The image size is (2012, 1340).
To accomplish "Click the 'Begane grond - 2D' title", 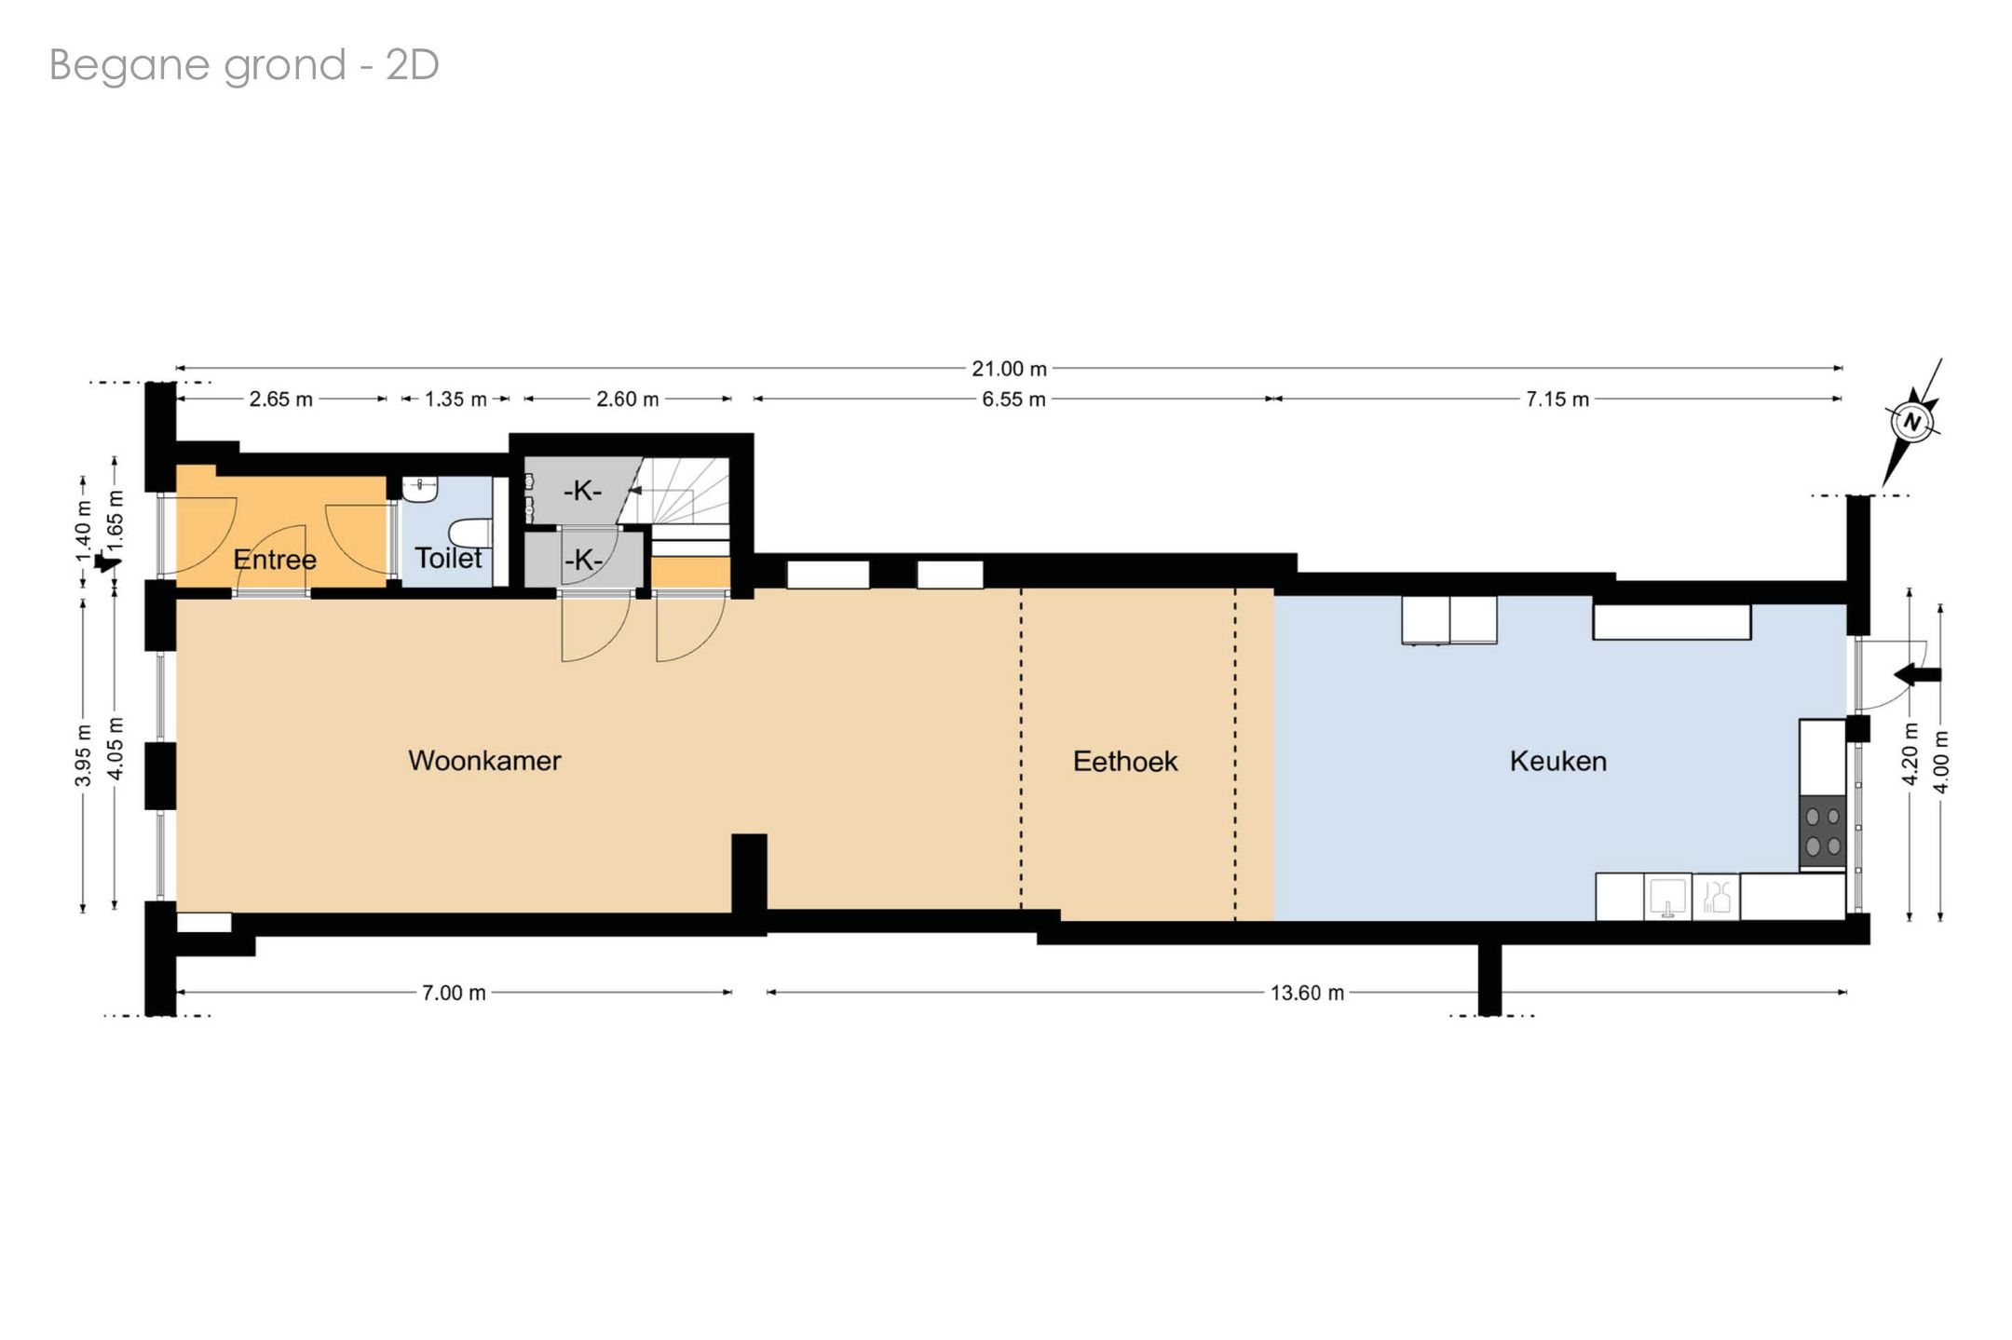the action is (x=244, y=65).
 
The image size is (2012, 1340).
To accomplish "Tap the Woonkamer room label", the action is (x=484, y=761).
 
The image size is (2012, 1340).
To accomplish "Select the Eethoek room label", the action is (x=1125, y=762).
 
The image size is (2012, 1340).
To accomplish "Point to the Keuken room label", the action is (x=1558, y=762).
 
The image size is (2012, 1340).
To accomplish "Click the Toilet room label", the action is (x=448, y=558).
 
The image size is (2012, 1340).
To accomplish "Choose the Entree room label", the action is (x=275, y=560).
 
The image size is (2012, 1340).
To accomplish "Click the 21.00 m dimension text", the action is (x=1010, y=369).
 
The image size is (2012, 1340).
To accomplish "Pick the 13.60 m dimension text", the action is (x=1308, y=993).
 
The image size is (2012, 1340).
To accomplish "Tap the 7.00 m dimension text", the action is (x=454, y=993).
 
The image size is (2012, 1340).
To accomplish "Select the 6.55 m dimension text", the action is (x=1013, y=399).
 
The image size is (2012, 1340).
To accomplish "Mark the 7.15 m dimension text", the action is (x=1557, y=399).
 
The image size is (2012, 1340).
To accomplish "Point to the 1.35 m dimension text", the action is (x=455, y=399).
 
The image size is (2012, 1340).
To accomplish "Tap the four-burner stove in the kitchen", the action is (x=1823, y=832).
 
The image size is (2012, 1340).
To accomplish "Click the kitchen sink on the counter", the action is (x=1668, y=897).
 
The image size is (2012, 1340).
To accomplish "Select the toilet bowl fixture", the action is (x=471, y=533).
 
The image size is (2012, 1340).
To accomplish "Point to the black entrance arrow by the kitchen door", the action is (x=1918, y=674).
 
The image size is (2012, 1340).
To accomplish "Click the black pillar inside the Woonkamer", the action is (x=749, y=873).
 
